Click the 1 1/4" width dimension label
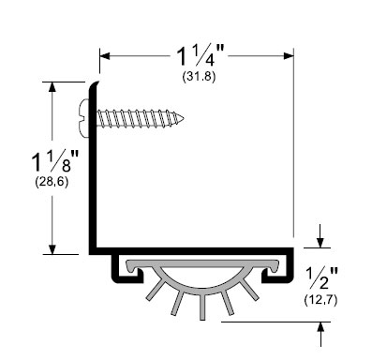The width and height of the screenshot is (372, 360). point(199,56)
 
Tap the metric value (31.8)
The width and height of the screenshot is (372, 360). point(199,77)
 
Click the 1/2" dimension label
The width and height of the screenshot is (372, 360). point(321,277)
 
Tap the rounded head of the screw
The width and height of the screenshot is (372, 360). point(83,118)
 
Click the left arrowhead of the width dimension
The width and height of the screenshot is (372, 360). point(105,56)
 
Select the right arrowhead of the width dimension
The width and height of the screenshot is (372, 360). point(289,56)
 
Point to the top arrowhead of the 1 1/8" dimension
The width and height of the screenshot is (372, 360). point(52,87)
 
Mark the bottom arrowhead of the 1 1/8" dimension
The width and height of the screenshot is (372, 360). point(52,248)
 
